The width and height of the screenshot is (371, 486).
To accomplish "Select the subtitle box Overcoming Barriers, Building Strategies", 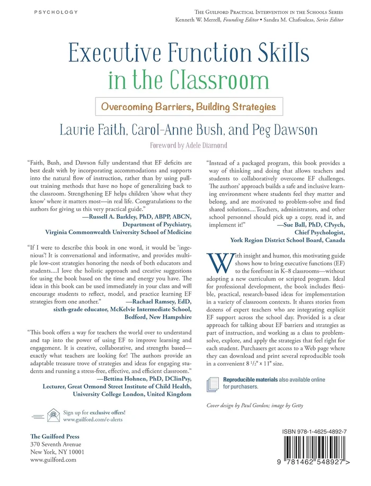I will coord(189,106).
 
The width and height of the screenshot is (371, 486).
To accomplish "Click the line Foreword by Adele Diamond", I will coord(189,145).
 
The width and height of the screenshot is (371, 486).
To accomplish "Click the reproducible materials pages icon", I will coord(213,383).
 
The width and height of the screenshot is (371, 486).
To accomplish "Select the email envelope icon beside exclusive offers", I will coord(53,413).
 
